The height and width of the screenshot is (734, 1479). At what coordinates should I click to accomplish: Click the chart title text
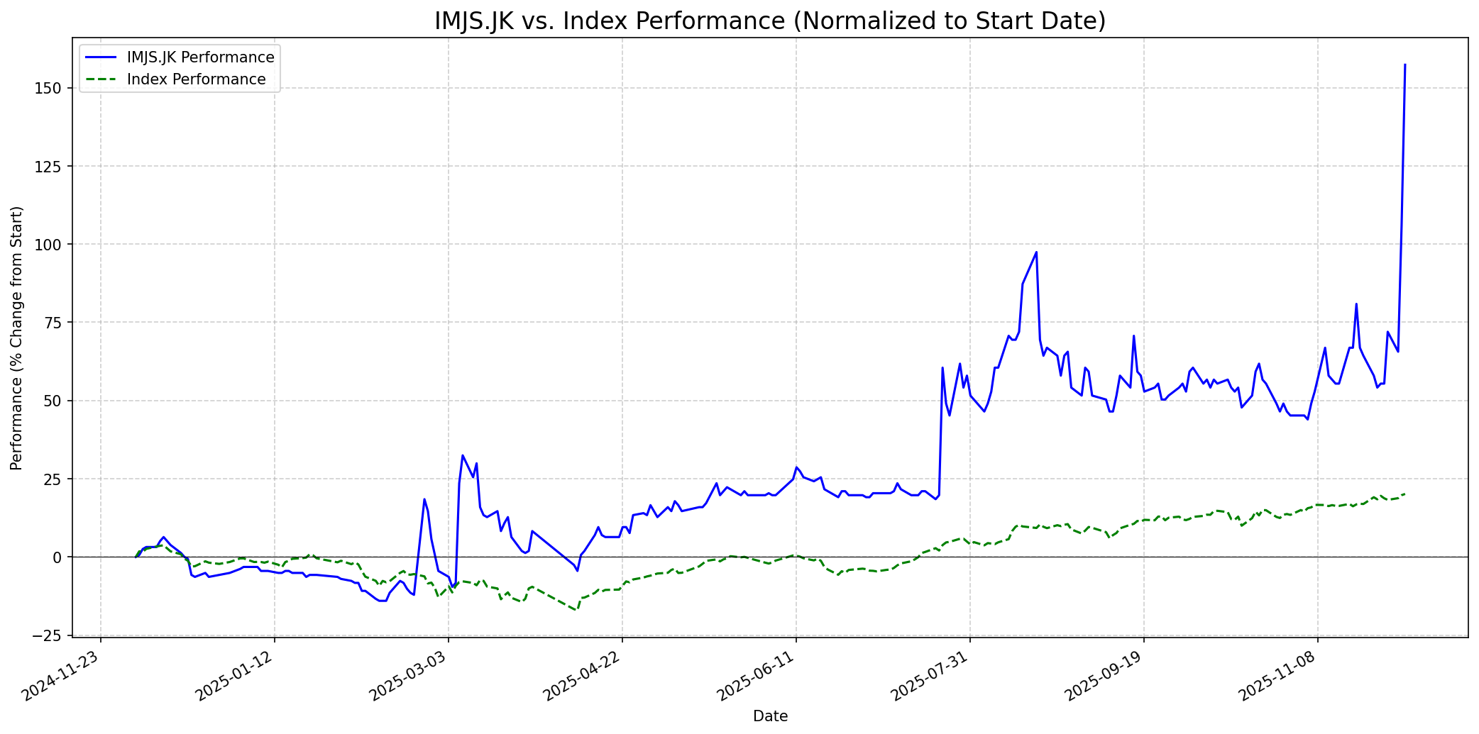click(770, 21)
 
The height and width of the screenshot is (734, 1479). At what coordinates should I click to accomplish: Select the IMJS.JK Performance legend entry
click(200, 57)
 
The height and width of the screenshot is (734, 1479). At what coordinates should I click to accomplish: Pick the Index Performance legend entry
click(196, 79)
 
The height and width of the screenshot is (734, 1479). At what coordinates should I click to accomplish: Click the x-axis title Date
click(770, 716)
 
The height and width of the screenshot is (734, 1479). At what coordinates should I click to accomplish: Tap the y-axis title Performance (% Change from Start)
click(17, 338)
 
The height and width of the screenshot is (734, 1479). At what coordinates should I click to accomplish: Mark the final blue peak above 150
click(1405, 65)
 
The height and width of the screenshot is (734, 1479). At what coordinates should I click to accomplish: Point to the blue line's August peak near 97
click(1036, 252)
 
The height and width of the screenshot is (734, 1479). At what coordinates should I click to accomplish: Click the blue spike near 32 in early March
click(462, 455)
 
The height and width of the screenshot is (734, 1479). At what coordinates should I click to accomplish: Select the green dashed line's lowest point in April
click(576, 610)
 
